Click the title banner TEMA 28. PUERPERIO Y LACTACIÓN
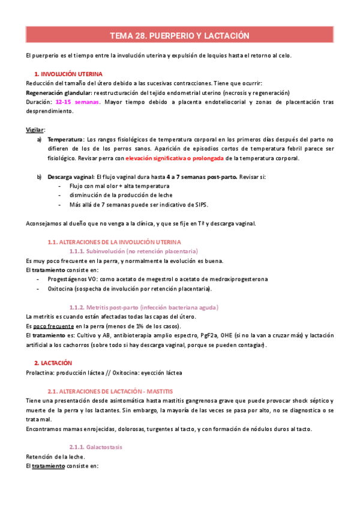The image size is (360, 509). (x=180, y=36)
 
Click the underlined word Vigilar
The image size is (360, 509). (x=35, y=130)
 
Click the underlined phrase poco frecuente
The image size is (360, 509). (x=52, y=326)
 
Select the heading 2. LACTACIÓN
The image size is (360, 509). (x=53, y=363)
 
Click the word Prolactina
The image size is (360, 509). (x=41, y=373)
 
